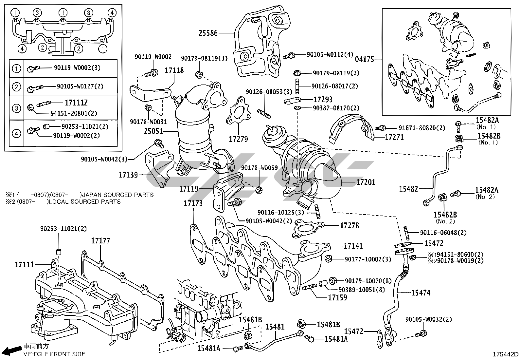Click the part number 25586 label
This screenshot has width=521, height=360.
[208, 33]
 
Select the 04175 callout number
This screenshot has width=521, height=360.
[364, 60]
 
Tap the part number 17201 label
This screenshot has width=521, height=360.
[366, 182]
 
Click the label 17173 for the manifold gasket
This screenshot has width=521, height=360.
[193, 203]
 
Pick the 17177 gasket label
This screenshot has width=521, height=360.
[100, 241]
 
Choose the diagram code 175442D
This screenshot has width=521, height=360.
[506, 354]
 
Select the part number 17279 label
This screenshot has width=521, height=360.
[238, 139]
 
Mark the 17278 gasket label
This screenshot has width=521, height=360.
[349, 225]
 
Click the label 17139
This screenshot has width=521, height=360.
[128, 175]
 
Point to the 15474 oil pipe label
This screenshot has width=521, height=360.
[421, 293]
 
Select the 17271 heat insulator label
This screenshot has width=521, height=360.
[394, 137]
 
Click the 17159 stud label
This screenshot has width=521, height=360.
[337, 297]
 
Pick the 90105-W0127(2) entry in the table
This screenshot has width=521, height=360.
[80, 86]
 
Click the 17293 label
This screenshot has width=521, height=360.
[323, 99]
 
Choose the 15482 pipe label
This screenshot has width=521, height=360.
[408, 189]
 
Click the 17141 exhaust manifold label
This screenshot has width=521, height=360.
[353, 246]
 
